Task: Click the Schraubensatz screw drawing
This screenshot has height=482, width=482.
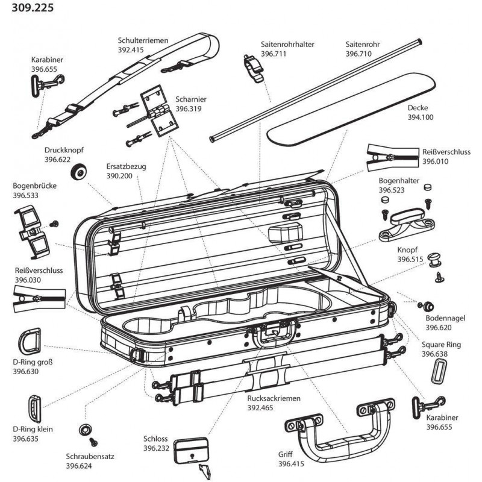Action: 86,430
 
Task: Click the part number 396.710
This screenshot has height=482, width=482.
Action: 358,54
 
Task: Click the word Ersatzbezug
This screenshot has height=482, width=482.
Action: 126,166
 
